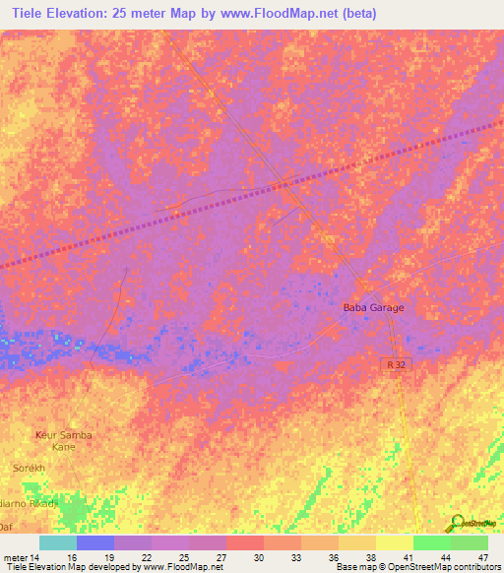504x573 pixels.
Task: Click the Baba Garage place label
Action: (x=373, y=308)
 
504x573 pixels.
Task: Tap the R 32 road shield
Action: (x=394, y=364)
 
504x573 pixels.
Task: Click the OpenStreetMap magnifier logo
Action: (x=460, y=523)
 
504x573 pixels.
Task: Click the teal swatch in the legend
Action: (x=58, y=542)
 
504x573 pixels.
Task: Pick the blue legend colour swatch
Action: (x=95, y=542)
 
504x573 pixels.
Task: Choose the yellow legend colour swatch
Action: (x=395, y=542)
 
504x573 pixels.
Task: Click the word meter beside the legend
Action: (x=14, y=557)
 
